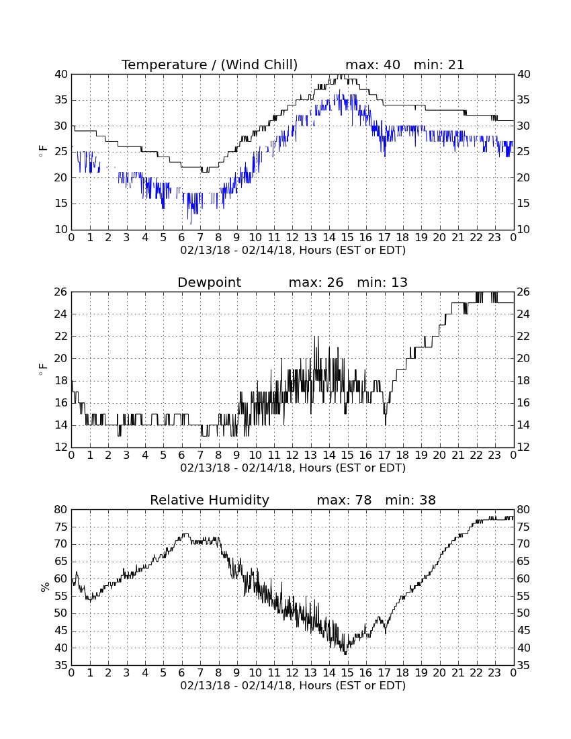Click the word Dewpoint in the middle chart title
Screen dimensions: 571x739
pyautogui.click(x=209, y=283)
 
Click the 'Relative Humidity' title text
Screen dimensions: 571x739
pyautogui.click(x=210, y=500)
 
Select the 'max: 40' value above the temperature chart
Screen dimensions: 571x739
pyautogui.click(x=373, y=64)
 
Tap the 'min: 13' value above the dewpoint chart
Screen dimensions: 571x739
pyautogui.click(x=382, y=283)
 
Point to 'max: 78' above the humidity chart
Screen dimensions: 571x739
pyautogui.click(x=345, y=500)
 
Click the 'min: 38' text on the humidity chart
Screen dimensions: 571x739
pyautogui.click(x=410, y=500)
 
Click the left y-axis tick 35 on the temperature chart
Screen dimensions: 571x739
pyautogui.click(x=62, y=100)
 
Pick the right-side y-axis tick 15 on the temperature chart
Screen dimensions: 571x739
pyautogui.click(x=523, y=204)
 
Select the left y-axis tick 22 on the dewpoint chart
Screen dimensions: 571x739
pyautogui.click(x=62, y=337)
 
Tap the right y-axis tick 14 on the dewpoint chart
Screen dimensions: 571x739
pyautogui.click(x=523, y=425)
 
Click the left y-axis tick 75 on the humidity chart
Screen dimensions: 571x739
pyautogui.click(x=62, y=527)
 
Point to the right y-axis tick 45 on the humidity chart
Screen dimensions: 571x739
pyautogui.click(x=523, y=631)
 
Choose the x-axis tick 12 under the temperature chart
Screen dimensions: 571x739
pyautogui.click(x=292, y=238)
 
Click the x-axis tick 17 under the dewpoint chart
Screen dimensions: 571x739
pyautogui.click(x=384, y=455)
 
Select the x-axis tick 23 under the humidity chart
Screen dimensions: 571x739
pyautogui.click(x=494, y=673)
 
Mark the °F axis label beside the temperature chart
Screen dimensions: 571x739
pyautogui.click(x=43, y=152)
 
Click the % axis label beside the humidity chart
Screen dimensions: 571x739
pyautogui.click(x=45, y=587)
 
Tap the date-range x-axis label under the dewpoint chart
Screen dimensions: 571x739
pyautogui.click(x=293, y=468)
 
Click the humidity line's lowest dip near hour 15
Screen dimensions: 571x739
pyautogui.click(x=345, y=654)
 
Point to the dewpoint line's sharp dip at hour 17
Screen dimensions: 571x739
pyautogui.click(x=386, y=424)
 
